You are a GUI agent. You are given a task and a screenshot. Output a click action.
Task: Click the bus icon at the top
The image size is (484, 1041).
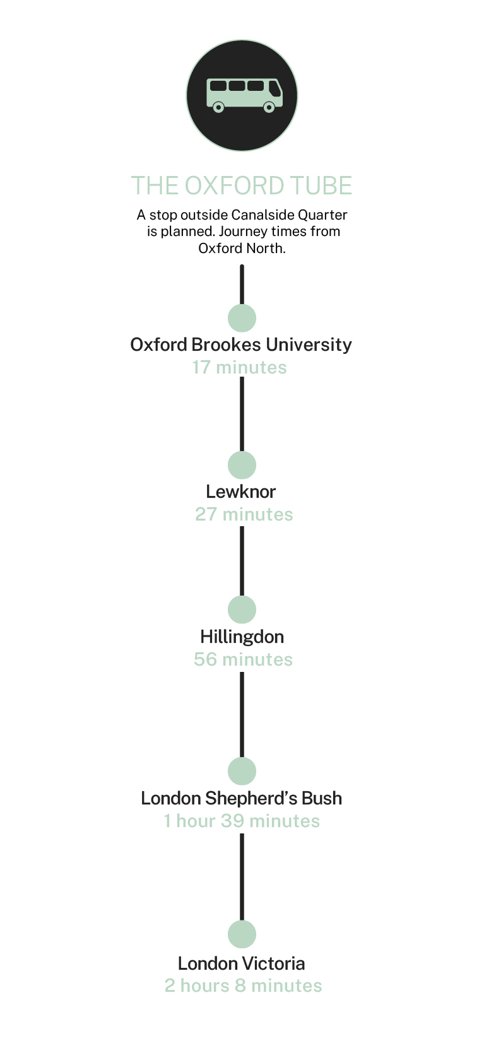(x=244, y=95)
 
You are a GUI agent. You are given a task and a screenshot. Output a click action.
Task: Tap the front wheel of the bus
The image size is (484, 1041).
(x=269, y=107)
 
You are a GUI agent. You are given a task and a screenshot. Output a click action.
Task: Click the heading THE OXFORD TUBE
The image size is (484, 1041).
(x=242, y=185)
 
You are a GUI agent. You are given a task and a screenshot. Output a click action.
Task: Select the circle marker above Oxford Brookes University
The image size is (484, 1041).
(x=242, y=318)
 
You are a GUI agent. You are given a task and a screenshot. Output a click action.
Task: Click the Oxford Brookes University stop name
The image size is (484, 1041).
(x=241, y=344)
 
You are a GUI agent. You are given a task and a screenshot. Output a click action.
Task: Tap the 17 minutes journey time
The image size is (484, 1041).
(x=239, y=367)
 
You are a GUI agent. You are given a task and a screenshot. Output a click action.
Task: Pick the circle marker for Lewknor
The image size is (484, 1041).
(x=242, y=465)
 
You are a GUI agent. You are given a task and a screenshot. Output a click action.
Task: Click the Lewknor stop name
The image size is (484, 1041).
(x=241, y=491)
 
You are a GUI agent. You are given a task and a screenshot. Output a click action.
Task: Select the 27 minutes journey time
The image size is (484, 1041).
(x=244, y=514)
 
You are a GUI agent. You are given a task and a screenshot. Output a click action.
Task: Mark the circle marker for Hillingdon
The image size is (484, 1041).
(x=242, y=609)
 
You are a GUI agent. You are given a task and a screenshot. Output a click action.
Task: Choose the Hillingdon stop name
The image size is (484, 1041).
(x=242, y=637)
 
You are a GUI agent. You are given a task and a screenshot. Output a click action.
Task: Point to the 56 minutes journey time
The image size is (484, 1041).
(x=243, y=659)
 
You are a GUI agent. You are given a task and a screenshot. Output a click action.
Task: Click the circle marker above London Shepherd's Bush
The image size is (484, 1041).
(x=242, y=771)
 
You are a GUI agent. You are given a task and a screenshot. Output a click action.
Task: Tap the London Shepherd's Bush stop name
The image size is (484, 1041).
(x=241, y=798)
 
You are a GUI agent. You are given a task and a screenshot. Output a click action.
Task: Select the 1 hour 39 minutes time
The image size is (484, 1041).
(x=242, y=821)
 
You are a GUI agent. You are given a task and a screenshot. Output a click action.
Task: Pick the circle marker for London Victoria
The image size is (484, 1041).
(x=242, y=934)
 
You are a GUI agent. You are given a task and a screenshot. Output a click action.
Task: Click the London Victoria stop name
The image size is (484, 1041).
(x=241, y=963)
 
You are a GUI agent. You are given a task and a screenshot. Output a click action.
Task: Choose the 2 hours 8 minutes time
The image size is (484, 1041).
(x=243, y=985)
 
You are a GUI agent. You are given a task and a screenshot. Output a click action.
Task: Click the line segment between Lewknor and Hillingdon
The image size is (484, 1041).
(x=242, y=561)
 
